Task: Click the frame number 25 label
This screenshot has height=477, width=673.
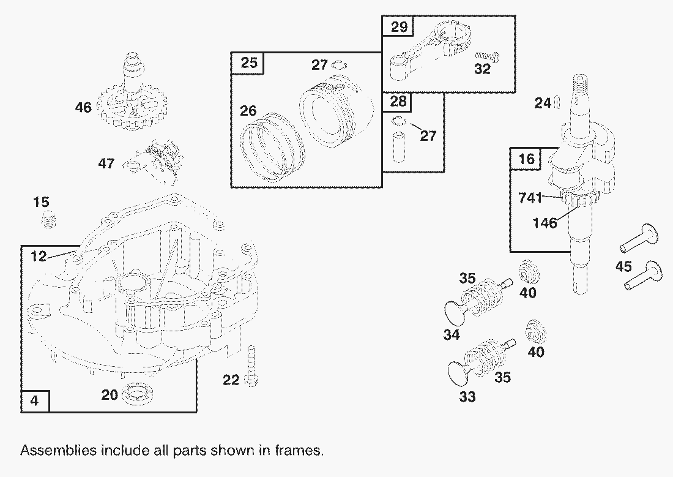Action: pyautogui.click(x=249, y=62)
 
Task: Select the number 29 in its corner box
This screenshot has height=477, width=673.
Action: pyautogui.click(x=399, y=27)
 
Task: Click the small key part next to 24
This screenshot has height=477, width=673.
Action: pyautogui.click(x=558, y=102)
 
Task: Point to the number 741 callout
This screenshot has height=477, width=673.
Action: pyautogui.click(x=530, y=198)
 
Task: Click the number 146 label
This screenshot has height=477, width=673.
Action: pyautogui.click(x=545, y=223)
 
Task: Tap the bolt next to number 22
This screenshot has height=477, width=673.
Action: pyautogui.click(x=251, y=366)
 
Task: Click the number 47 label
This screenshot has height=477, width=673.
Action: pyautogui.click(x=106, y=163)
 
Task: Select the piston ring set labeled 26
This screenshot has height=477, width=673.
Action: pyautogui.click(x=271, y=148)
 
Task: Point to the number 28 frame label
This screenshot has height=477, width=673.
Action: pyautogui.click(x=398, y=102)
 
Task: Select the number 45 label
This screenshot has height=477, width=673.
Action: pyautogui.click(x=623, y=266)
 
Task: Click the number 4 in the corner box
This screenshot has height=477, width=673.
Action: pyautogui.click(x=34, y=401)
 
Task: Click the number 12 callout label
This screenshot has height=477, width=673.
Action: pyautogui.click(x=39, y=257)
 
